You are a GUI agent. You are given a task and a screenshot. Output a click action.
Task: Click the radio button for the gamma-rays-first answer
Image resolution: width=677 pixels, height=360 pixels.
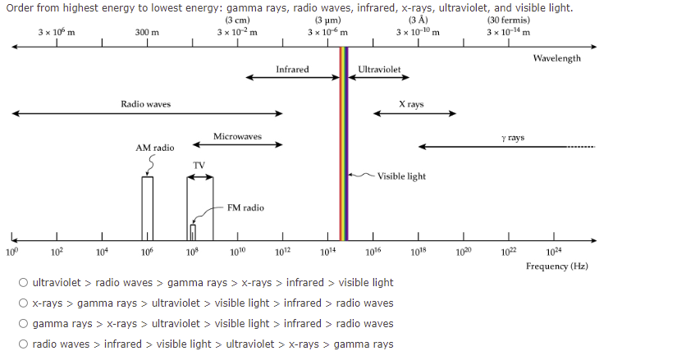point(25,324)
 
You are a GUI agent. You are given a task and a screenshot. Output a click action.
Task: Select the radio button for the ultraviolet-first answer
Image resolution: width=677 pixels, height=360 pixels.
point(25,283)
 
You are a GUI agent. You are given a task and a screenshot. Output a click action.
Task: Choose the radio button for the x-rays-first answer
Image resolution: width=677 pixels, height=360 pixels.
point(25,303)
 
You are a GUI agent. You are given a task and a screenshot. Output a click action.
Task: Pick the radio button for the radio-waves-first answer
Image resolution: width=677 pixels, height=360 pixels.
point(25,344)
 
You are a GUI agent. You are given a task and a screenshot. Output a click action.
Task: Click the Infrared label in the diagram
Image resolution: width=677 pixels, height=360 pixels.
point(292,70)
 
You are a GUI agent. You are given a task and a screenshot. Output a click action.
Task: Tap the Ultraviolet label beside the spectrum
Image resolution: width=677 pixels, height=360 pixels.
point(379,70)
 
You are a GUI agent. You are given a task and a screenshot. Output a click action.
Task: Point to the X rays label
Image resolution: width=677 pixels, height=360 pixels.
point(411,105)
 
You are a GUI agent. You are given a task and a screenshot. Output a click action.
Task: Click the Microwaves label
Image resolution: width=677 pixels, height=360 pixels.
point(237,136)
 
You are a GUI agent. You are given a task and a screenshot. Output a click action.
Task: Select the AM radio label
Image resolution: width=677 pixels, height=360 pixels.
point(154,148)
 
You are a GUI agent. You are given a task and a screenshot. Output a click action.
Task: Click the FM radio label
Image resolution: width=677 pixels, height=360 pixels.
point(245,207)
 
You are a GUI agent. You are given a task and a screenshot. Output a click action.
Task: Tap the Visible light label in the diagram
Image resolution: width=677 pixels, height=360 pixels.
point(401,175)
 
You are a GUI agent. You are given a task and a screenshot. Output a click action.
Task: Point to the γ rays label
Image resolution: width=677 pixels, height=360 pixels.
point(512,138)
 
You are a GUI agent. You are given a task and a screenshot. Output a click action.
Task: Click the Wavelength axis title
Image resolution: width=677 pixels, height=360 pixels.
point(556,58)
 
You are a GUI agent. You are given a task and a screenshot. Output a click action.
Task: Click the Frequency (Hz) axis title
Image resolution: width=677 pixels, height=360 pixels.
point(557,266)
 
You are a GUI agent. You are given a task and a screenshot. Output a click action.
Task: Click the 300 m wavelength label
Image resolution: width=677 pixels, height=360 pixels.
point(147,32)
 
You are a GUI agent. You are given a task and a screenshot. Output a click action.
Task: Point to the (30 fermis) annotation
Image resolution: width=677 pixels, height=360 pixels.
point(508,21)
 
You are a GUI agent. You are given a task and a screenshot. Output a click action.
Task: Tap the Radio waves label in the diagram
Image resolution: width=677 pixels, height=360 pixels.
point(145,104)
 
